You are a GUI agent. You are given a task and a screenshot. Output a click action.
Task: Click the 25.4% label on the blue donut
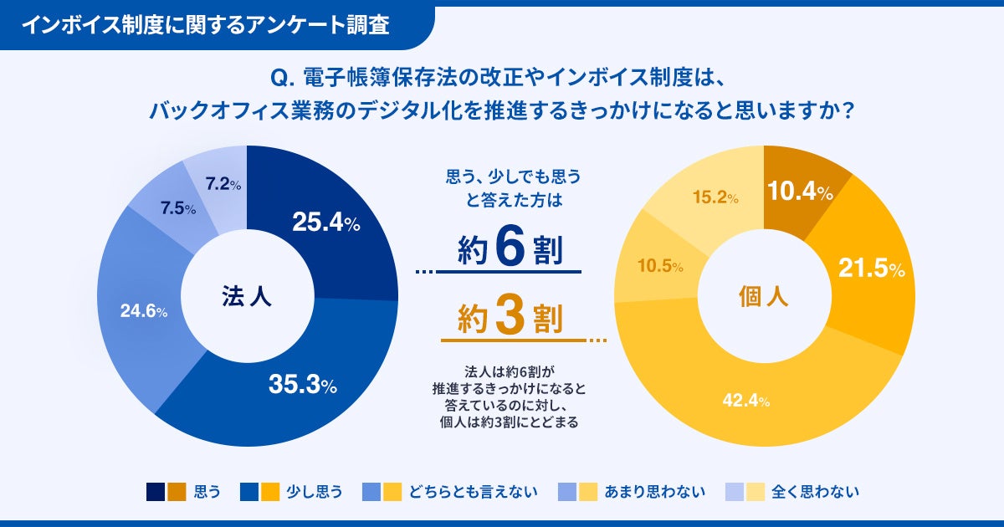point(325,223)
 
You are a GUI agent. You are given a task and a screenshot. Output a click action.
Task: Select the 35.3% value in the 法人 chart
point(302,385)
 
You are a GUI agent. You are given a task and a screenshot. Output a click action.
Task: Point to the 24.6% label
point(144,311)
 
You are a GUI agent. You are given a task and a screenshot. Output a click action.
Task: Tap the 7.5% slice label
point(179,209)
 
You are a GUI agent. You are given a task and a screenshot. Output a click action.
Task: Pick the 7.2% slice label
point(223,185)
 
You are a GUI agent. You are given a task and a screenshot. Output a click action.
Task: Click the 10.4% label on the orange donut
point(800,192)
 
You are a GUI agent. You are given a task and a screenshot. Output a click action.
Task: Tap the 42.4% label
point(745,401)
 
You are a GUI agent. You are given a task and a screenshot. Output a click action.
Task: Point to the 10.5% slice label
point(661,266)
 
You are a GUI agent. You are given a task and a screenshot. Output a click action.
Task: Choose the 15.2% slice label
point(715,198)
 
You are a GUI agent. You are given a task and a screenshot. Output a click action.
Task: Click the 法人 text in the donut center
point(246,296)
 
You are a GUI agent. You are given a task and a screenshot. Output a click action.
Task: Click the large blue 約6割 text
point(510,248)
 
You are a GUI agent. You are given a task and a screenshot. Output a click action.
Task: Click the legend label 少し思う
point(315,492)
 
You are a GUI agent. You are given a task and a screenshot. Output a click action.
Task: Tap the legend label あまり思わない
point(655,492)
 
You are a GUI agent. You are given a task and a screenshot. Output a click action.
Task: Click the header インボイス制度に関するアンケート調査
point(205,25)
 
